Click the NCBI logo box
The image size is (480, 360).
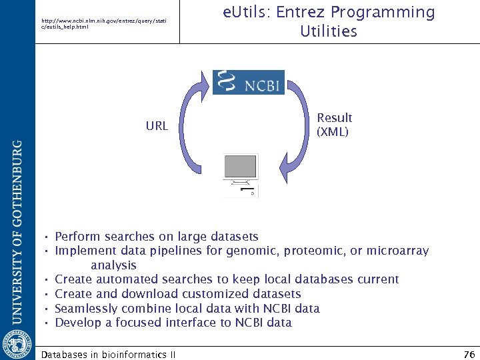249,82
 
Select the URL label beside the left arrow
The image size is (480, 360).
157,125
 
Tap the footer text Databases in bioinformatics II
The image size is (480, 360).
109,355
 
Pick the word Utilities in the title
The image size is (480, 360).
329,31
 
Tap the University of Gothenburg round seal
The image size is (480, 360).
17,342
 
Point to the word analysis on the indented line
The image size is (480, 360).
114,265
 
